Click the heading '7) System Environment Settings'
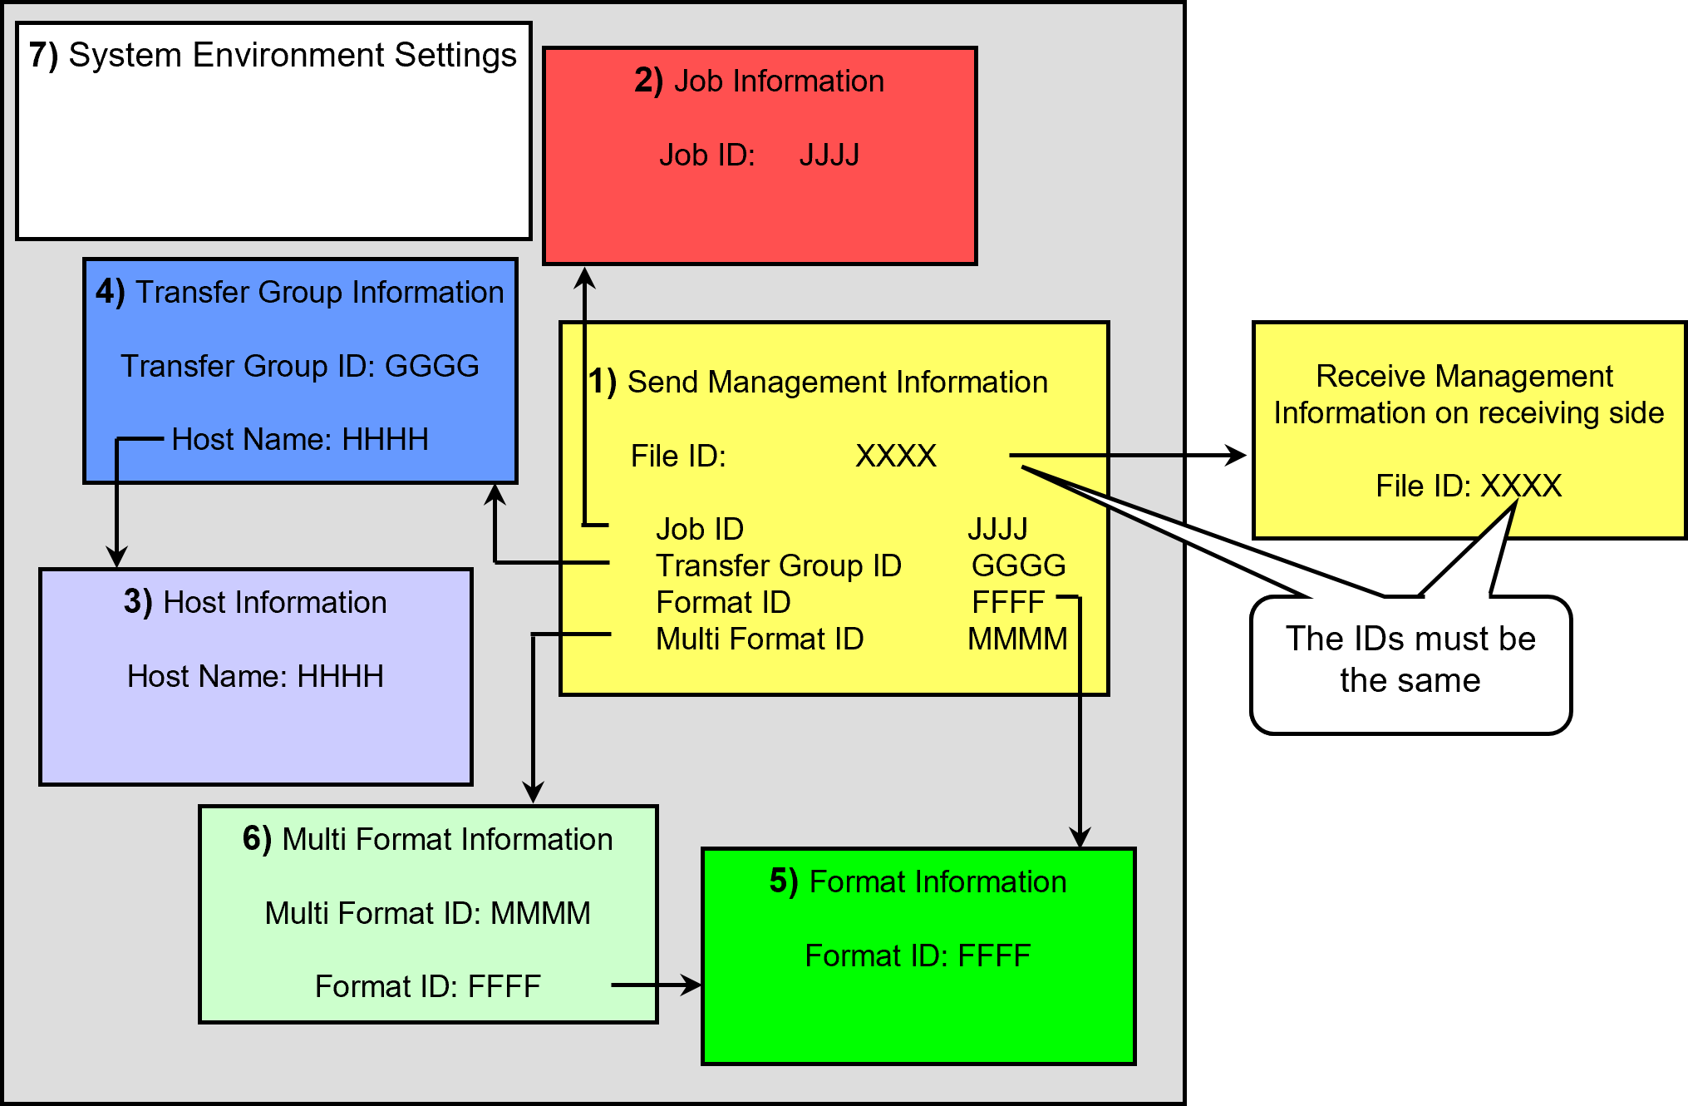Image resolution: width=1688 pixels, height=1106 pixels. (273, 56)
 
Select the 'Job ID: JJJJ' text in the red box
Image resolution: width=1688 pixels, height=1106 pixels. (759, 156)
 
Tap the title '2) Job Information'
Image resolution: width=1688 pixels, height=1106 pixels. (759, 81)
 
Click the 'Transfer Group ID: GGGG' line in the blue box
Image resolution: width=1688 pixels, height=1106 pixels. (300, 366)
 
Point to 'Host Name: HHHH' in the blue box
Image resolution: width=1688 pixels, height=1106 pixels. (300, 439)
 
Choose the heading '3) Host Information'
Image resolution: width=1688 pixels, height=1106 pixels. (255, 602)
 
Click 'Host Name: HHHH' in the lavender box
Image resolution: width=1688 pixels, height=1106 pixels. (255, 676)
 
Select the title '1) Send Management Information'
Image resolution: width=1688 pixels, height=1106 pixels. (818, 383)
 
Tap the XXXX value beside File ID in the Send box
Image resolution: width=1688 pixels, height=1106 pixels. (896, 456)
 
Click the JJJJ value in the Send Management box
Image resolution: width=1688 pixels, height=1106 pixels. (997, 529)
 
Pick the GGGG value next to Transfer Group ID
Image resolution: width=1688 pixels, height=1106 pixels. (1019, 565)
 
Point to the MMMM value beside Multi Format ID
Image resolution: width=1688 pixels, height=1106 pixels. (1018, 639)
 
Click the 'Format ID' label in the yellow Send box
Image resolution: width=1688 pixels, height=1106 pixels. (723, 602)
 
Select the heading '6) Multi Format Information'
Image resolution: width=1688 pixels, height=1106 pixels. (427, 839)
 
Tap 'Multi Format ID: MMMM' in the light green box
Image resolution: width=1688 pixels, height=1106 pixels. (427, 913)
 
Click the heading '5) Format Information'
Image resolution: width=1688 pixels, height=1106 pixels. (918, 881)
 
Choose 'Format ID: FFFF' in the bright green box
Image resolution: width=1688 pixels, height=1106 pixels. (918, 955)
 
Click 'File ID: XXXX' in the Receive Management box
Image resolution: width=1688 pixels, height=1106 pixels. (1469, 486)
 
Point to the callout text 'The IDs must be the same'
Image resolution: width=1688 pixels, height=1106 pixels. (1410, 659)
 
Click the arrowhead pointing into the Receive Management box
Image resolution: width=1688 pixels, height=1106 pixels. (1237, 456)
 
